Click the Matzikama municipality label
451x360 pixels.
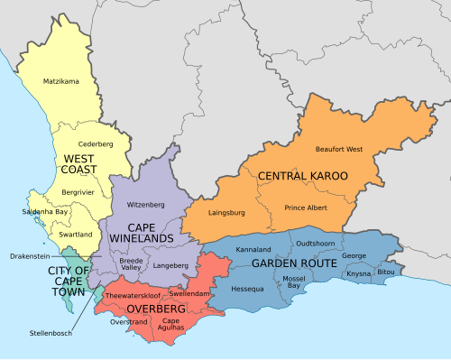coord(61,82)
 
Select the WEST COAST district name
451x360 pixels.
coord(78,164)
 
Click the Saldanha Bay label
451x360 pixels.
coord(43,212)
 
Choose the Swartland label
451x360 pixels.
coord(75,234)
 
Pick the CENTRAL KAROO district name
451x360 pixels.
coord(302,175)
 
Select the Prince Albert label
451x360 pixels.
coord(307,208)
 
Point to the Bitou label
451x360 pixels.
coord(386,272)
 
